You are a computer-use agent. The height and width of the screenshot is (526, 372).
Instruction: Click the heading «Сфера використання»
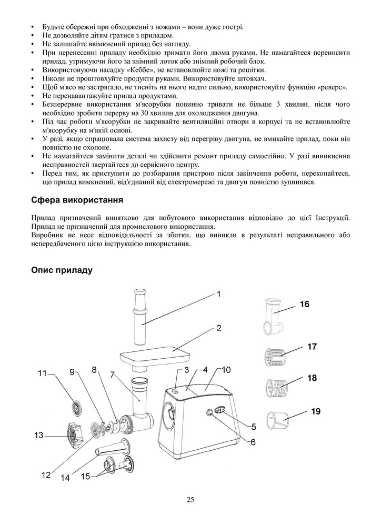click(77, 200)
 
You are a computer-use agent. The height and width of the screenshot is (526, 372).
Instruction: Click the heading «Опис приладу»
click(62, 270)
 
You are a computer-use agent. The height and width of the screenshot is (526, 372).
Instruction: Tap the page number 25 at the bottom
click(190, 500)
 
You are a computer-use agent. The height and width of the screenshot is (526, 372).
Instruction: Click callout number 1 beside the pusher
click(218, 294)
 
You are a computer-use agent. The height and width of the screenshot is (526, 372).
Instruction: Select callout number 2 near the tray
click(218, 327)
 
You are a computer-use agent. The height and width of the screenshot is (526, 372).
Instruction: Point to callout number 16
click(305, 304)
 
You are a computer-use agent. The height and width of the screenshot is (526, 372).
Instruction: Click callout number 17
click(312, 347)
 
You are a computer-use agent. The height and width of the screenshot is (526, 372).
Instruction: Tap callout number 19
click(316, 411)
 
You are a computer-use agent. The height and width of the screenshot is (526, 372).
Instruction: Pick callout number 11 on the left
click(42, 373)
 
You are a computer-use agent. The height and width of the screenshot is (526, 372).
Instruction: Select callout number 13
click(38, 436)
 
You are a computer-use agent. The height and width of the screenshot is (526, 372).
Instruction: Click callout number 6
click(253, 442)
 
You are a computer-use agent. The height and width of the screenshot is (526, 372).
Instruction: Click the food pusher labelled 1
click(141, 315)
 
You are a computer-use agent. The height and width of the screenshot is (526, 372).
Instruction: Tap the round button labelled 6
click(209, 413)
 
